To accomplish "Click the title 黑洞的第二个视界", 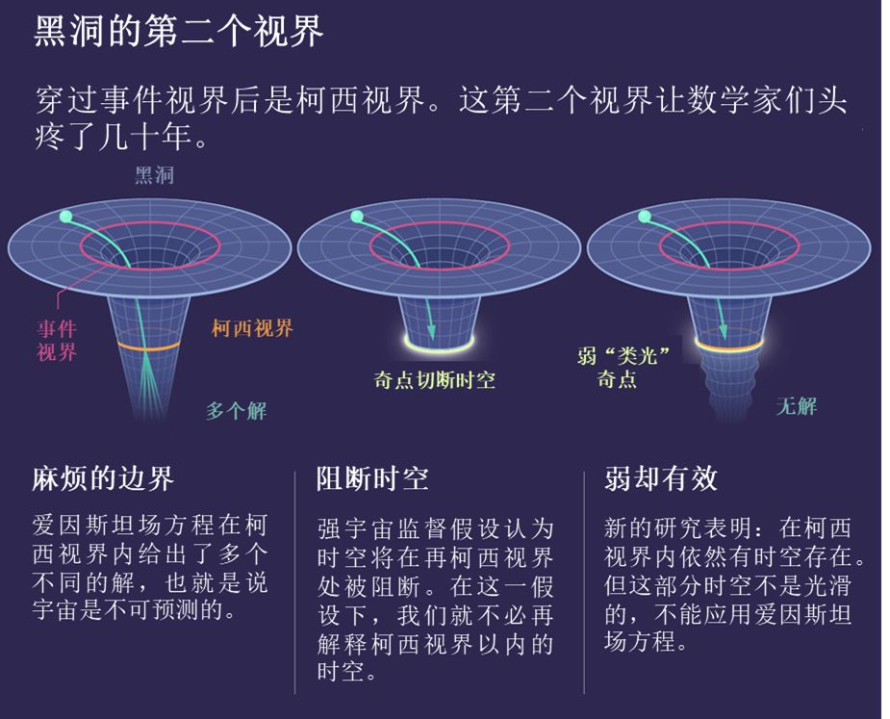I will (x=179, y=32).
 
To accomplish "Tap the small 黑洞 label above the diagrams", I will (x=154, y=176).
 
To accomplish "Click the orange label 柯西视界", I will (x=252, y=328).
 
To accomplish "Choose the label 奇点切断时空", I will (x=434, y=379).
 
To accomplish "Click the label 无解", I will (x=797, y=406).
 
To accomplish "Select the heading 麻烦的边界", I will (x=104, y=478).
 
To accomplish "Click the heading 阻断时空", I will (x=373, y=478).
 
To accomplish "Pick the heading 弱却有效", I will (x=661, y=478).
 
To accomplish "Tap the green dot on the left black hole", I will (x=64, y=217).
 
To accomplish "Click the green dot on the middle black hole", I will (x=356, y=218).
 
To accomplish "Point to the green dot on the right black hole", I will (x=645, y=218).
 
